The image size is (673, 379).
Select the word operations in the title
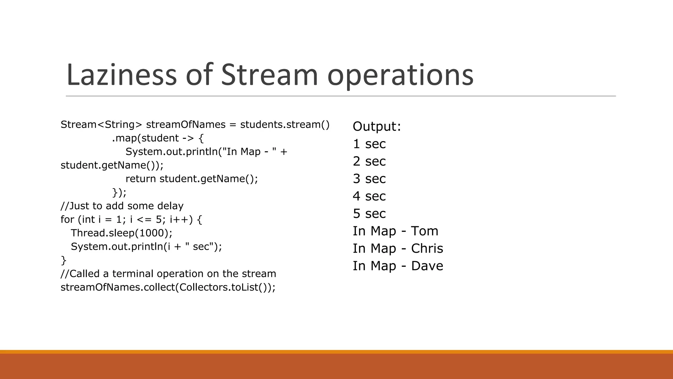(400, 75)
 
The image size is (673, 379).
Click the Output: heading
(377, 126)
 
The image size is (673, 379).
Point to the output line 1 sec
(369, 144)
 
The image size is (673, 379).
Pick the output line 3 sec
(369, 179)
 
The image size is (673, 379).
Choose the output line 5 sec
(369, 214)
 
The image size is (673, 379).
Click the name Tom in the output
(425, 231)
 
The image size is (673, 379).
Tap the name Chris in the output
(427, 248)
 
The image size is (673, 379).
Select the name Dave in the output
(427, 266)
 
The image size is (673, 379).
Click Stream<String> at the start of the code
(101, 125)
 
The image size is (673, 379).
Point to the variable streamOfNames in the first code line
(186, 125)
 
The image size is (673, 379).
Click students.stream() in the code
(285, 125)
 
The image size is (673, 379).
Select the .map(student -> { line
(158, 138)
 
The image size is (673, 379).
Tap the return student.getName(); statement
(192, 179)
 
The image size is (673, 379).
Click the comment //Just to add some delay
(122, 206)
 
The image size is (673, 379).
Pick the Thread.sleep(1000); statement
(121, 233)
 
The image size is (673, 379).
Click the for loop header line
(131, 219)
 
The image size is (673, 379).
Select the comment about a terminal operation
(168, 274)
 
